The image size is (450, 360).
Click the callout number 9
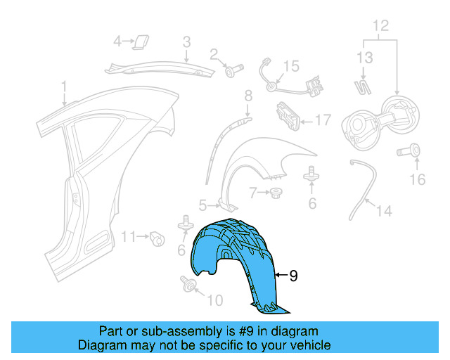293,276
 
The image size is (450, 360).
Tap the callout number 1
63,87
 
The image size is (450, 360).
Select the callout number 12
380,27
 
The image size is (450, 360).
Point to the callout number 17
322,120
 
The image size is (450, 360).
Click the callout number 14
384,210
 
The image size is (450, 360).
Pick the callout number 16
418,179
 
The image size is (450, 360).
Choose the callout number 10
214,300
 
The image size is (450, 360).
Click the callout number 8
247,96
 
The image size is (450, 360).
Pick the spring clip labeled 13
364,88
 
